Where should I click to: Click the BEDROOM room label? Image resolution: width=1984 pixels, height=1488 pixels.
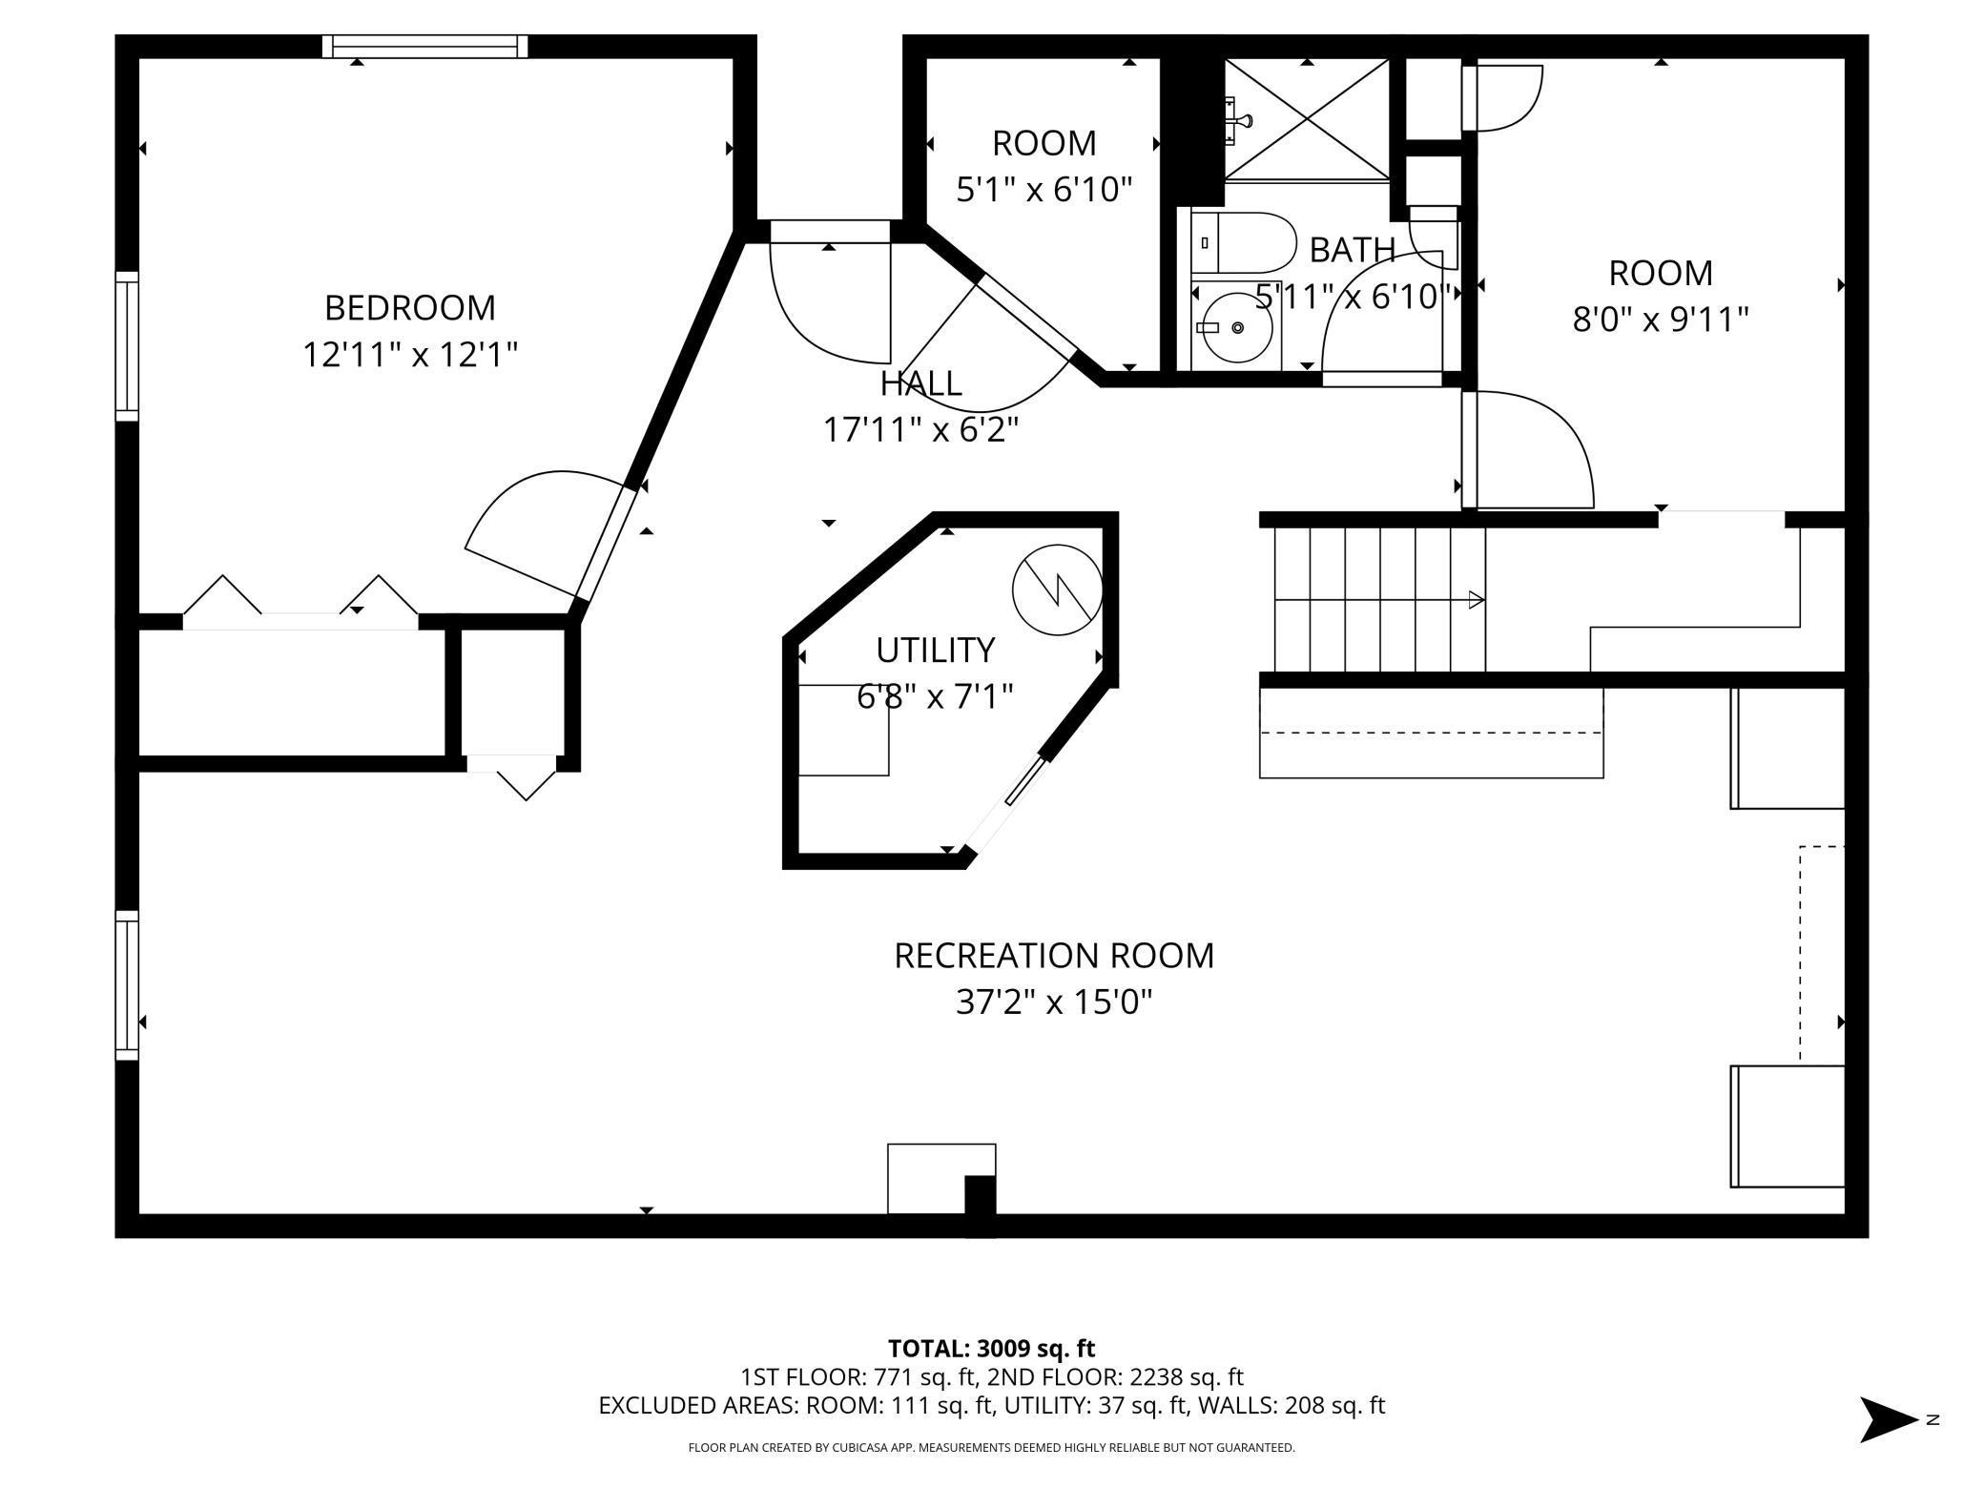(x=410, y=308)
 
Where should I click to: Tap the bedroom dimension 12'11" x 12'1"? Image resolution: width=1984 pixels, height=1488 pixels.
(x=410, y=355)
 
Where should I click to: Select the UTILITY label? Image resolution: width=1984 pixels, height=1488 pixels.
(x=935, y=651)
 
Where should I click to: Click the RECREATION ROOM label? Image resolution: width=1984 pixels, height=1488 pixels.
(x=1054, y=956)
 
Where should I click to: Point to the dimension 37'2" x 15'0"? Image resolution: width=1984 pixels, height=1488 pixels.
(x=1054, y=1002)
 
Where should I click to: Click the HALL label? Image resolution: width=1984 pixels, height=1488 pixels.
(x=920, y=383)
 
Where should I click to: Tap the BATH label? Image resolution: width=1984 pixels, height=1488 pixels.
(x=1353, y=250)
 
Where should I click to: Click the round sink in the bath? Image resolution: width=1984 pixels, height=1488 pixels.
(x=1237, y=327)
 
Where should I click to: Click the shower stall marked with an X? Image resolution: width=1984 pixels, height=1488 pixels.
(x=1307, y=119)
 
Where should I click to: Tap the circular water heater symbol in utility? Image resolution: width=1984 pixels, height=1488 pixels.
(x=1057, y=589)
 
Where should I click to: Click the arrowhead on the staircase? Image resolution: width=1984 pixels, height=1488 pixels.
(x=1476, y=600)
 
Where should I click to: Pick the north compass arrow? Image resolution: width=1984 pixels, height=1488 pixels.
(x=1889, y=1420)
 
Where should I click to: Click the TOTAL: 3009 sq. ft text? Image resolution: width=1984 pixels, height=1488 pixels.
(x=992, y=1349)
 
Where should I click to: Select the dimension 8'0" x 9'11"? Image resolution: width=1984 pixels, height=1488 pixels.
(x=1661, y=320)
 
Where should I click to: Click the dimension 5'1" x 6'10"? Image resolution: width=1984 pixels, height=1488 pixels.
(x=1044, y=190)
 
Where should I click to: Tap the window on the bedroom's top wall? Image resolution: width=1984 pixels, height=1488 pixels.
(x=425, y=47)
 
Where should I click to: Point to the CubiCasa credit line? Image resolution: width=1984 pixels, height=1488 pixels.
(x=992, y=1448)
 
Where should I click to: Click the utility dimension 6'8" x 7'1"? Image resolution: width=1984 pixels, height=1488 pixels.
(x=935, y=697)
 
